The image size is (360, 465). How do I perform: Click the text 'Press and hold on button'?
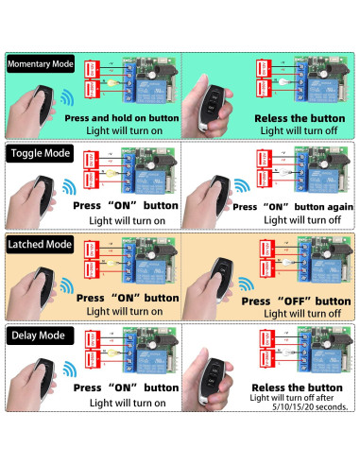click(121, 118)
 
